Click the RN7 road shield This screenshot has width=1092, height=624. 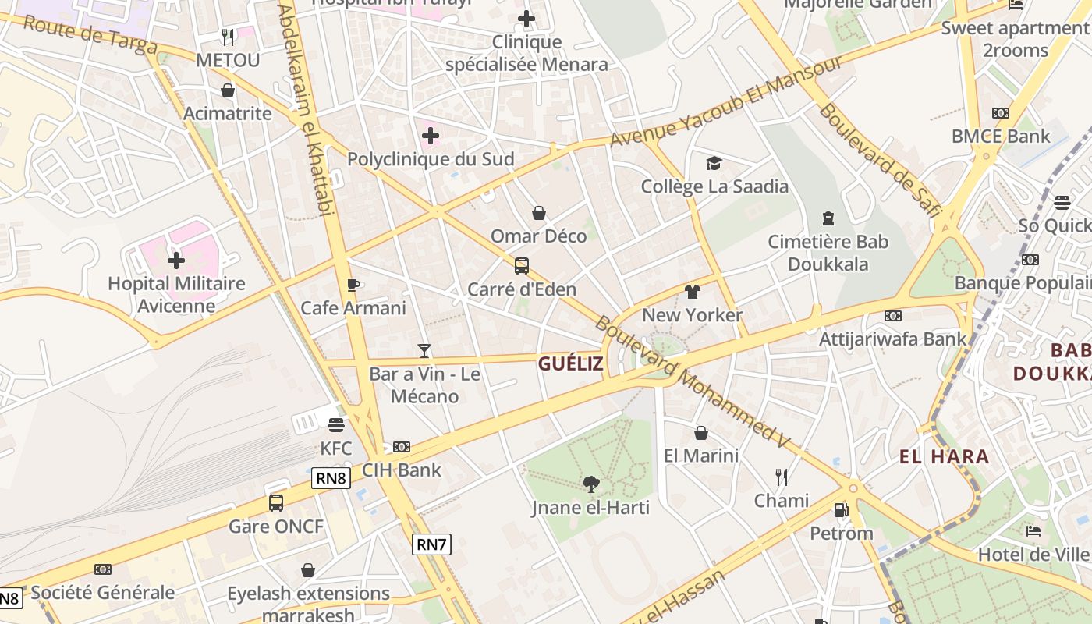[431, 544]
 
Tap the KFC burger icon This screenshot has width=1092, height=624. [336, 425]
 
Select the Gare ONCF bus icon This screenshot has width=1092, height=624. [276, 503]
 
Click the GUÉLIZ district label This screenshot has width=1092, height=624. [571, 363]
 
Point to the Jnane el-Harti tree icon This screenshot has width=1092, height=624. [590, 484]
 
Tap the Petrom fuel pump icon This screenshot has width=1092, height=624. [841, 510]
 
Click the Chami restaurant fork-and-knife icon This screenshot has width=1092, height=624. [781, 477]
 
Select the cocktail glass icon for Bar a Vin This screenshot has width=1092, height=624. [424, 351]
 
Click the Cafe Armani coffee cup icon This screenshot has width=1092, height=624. [353, 285]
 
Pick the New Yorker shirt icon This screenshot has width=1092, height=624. [692, 292]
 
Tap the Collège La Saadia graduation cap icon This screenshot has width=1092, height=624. [714, 163]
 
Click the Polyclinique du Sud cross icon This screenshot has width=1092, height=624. [430, 136]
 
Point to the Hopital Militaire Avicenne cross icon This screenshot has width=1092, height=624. [176, 260]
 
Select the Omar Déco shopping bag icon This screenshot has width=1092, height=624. [538, 213]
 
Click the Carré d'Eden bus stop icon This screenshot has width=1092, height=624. [521, 266]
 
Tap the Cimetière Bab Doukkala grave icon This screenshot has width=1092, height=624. [828, 218]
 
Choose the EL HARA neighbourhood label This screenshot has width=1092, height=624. [944, 457]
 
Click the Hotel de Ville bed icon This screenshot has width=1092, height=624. [1033, 531]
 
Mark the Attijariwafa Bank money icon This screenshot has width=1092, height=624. [892, 316]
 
